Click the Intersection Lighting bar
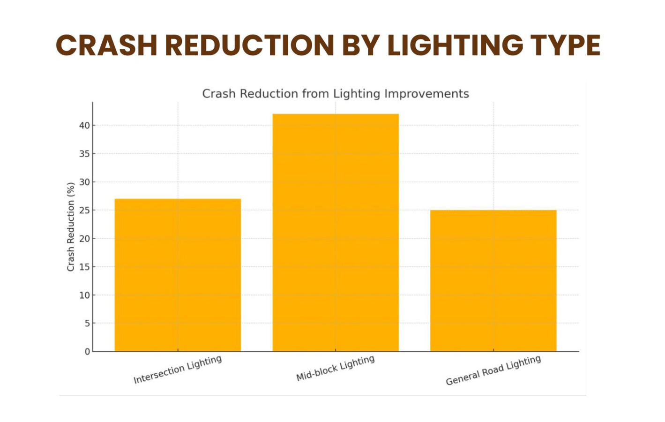click(178, 275)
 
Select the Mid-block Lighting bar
click(336, 232)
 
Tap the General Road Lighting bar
click(493, 280)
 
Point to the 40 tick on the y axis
click(84, 125)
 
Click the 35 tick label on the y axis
click(84, 154)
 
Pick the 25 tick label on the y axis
click(84, 210)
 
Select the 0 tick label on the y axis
click(87, 352)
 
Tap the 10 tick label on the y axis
click(84, 295)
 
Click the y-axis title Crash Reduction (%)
click(71, 227)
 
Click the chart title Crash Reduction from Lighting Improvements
click(335, 94)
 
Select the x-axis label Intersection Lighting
click(178, 369)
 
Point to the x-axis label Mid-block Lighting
click(336, 368)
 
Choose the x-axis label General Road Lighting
click(493, 370)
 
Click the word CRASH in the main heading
click(106, 45)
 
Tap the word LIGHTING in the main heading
click(455, 45)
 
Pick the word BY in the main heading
click(360, 45)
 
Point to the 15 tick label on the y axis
click(84, 267)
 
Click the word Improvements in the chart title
click(426, 94)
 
